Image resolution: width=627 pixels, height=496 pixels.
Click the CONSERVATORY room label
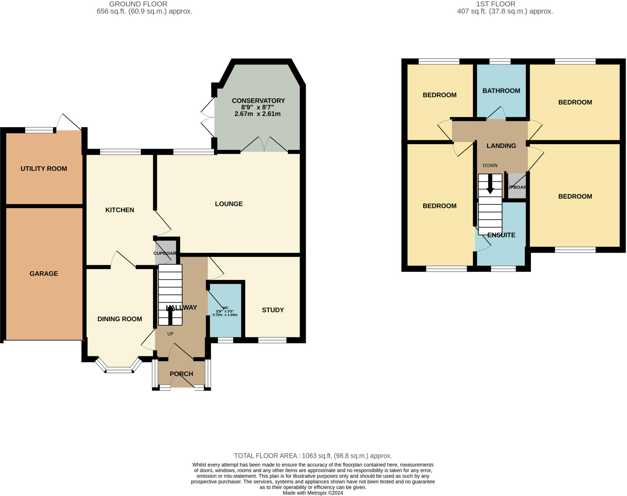(258, 101)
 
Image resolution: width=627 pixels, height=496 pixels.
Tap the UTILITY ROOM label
(43, 169)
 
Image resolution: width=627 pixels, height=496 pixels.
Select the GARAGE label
(43, 274)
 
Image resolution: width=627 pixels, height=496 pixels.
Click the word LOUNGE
(229, 204)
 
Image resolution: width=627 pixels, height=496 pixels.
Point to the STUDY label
(272, 310)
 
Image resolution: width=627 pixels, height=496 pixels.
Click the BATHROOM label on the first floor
(501, 91)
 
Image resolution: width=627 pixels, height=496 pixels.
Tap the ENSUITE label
(501, 235)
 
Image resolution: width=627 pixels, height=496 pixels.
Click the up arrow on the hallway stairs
(170, 315)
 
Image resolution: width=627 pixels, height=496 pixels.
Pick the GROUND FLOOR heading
(138, 4)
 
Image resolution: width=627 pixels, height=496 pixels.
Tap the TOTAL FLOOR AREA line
(313, 456)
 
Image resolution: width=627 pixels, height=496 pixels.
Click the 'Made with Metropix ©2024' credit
(313, 493)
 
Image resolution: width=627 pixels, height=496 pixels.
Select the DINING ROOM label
(119, 319)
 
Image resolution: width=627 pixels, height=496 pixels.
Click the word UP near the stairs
(170, 334)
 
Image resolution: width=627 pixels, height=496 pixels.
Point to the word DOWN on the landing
(490, 166)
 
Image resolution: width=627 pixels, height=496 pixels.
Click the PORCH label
(181, 374)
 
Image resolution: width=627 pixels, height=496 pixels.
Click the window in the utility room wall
(39, 130)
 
